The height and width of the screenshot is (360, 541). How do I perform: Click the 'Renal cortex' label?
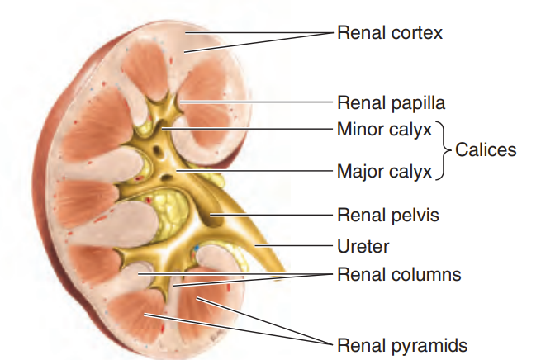pyautogui.click(x=390, y=33)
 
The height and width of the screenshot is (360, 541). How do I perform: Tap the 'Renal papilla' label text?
pyautogui.click(x=391, y=103)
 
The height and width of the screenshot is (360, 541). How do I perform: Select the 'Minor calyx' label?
pyautogui.click(x=384, y=130)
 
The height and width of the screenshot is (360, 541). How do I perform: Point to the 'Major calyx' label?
pyautogui.click(x=384, y=172)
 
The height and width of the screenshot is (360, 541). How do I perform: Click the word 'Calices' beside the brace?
pyautogui.click(x=486, y=150)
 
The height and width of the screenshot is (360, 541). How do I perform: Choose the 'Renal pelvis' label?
pyautogui.click(x=388, y=216)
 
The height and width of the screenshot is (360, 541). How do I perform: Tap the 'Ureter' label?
pyautogui.click(x=363, y=246)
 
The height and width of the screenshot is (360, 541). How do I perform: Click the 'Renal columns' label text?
pyautogui.click(x=399, y=275)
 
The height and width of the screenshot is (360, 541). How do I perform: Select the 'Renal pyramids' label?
pyautogui.click(x=402, y=345)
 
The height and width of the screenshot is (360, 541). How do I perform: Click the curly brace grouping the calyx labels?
pyautogui.click(x=443, y=150)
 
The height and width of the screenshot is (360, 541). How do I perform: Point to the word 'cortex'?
pyautogui.click(x=417, y=33)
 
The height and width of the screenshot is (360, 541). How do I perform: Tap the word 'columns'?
pyautogui.click(x=428, y=275)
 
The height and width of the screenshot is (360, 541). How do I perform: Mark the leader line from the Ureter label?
pyautogui.click(x=293, y=246)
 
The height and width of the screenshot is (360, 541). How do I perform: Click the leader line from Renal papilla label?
pyautogui.click(x=256, y=102)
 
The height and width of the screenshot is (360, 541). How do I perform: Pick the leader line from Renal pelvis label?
pyautogui.click(x=271, y=215)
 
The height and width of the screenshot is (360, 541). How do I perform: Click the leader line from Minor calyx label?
pyautogui.click(x=247, y=129)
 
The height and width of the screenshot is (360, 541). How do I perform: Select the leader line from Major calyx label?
pyautogui.click(x=254, y=170)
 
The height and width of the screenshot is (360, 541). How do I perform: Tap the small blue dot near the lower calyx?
pyautogui.click(x=197, y=248)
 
